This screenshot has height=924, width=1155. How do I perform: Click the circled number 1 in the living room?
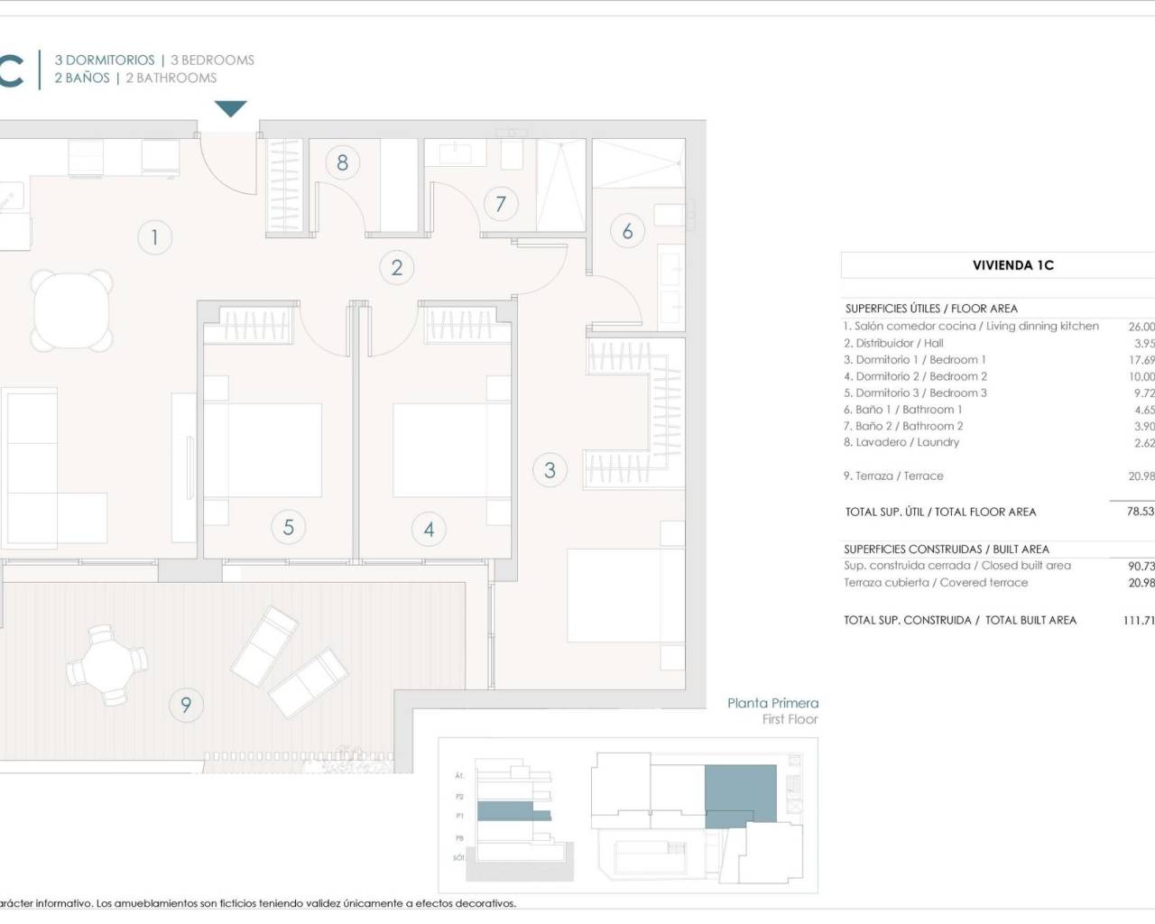coord(154,237)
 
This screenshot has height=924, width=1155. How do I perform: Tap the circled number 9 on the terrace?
coord(186,704)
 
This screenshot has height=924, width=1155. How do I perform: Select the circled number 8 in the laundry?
coord(342,162)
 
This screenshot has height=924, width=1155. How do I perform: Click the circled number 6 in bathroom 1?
coord(627,231)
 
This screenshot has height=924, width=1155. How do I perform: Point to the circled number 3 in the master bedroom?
coord(550,469)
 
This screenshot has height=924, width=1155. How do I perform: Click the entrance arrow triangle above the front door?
coord(231,109)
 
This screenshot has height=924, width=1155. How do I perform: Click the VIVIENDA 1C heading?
coord(1012,265)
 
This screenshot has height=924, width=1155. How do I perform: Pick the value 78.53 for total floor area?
coord(1140,511)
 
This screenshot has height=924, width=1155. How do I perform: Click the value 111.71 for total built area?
coord(1138,620)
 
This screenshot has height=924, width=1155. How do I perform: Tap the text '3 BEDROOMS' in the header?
coord(212,60)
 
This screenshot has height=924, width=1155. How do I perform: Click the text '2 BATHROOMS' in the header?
coord(171,79)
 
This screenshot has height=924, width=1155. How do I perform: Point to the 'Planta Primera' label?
coord(772,703)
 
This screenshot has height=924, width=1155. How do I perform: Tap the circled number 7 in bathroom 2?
coord(501,203)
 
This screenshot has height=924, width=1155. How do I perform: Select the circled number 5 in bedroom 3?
coord(288,526)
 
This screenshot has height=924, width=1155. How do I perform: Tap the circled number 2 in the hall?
coord(396,267)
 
